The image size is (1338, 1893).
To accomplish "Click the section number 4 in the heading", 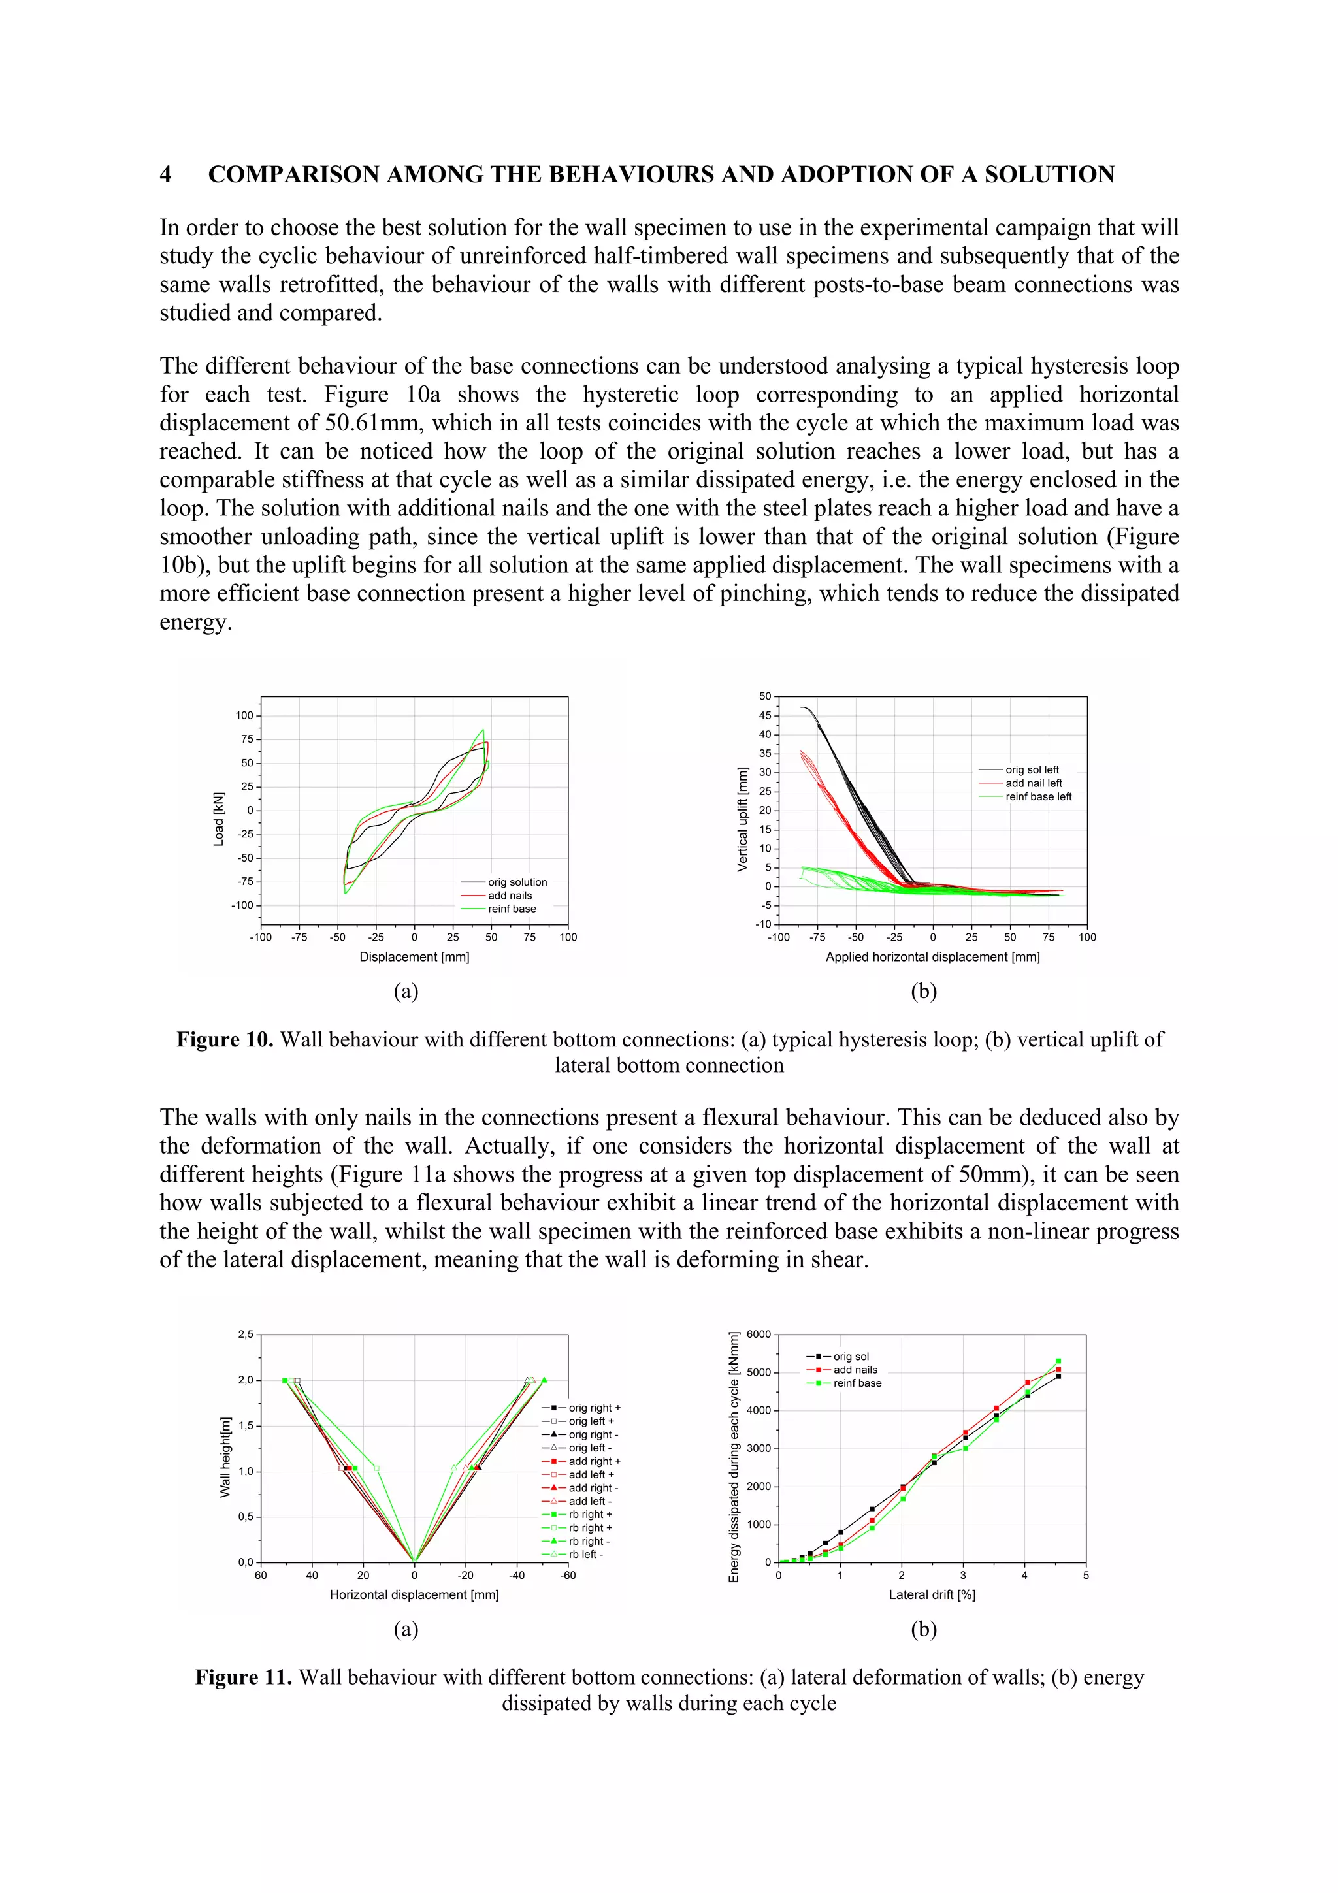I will pyautogui.click(x=166, y=175).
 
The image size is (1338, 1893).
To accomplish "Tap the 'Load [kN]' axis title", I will pyautogui.click(x=218, y=818).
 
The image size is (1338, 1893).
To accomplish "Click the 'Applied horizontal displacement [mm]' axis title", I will pyautogui.click(x=932, y=957).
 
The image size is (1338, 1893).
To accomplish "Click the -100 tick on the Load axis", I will pyautogui.click(x=242, y=905).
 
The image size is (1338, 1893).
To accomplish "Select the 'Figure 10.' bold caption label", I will pyautogui.click(x=224, y=1040).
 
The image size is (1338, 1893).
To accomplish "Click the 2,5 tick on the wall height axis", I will pyautogui.click(x=246, y=1335).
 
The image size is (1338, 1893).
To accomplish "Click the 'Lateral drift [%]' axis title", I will pyautogui.click(x=932, y=1595).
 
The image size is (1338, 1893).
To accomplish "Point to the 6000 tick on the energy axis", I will pyautogui.click(x=759, y=1335).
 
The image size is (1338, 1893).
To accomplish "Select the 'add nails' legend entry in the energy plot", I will pyautogui.click(x=855, y=1370).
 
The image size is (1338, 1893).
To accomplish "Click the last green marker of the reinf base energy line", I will pyautogui.click(x=1058, y=1361).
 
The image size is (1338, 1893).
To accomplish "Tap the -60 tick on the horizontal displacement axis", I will pyautogui.click(x=568, y=1576).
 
